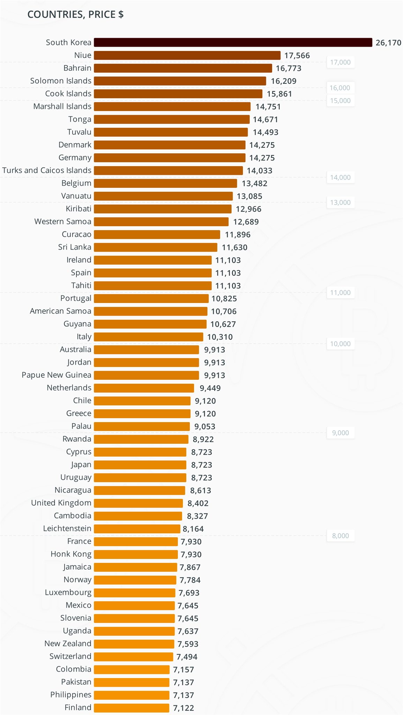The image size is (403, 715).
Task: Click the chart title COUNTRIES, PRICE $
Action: coord(75,14)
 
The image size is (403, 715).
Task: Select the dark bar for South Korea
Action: coord(233,42)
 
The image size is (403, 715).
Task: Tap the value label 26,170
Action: coord(388,43)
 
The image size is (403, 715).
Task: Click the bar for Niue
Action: coord(187,55)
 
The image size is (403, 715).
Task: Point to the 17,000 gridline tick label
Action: coord(340,62)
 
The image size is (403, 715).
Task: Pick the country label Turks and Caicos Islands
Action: coord(47,170)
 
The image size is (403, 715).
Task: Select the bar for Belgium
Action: coord(165,183)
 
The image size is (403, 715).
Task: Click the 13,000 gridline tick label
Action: coord(340,202)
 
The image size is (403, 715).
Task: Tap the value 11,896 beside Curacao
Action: coord(238,235)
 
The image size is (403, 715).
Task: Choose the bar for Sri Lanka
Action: coord(155,247)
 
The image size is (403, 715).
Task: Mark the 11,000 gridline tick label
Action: coord(340,293)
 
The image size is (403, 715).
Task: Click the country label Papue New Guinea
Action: coord(57,375)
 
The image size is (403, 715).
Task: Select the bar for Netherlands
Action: coord(144,388)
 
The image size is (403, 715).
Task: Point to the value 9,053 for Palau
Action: coord(205,426)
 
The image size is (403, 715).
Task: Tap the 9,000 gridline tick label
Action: coord(340,433)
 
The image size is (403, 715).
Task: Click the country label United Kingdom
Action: coord(61,503)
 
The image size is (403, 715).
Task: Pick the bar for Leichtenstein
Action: coord(137,529)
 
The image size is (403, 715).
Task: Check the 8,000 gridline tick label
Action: coord(340,536)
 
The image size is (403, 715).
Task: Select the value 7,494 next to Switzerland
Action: coord(187,657)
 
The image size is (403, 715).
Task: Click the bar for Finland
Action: coord(132,708)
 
